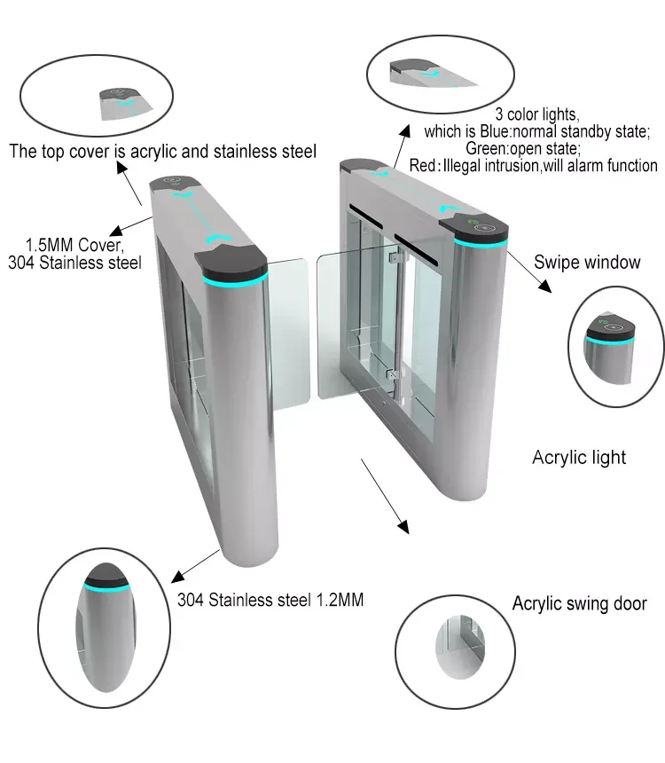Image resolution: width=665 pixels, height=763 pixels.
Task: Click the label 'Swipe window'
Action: tap(586, 262)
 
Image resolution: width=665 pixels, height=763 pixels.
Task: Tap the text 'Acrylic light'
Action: tap(578, 458)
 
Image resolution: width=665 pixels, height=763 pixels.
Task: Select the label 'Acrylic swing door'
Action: tap(579, 604)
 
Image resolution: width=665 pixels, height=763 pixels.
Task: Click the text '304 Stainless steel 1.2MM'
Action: tap(270, 600)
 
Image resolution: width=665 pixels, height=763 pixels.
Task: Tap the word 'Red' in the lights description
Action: tap(423, 166)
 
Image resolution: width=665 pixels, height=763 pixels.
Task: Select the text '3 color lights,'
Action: tap(536, 114)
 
